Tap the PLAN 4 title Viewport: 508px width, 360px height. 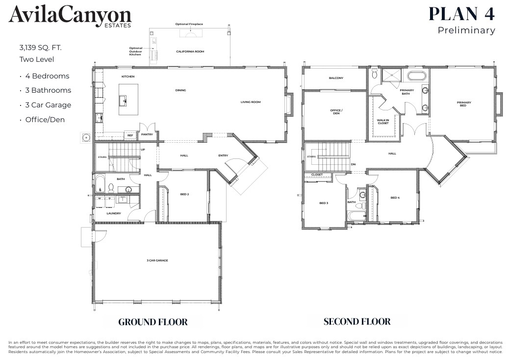(461, 13)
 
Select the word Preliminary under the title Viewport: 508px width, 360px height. (466, 30)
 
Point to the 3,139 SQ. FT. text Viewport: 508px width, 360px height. (41, 48)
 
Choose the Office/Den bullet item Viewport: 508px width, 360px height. (45, 120)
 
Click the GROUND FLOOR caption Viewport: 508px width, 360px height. (153, 322)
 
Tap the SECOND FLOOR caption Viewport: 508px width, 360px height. (357, 322)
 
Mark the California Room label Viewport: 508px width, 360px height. (190, 51)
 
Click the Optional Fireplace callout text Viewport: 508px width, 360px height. (189, 24)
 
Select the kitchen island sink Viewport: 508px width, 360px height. (124, 101)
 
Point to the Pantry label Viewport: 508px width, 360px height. (147, 134)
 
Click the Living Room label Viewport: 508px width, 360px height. (250, 102)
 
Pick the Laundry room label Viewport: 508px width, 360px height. (114, 213)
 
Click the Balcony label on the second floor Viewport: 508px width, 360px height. (336, 78)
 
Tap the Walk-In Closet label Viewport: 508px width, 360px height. (382, 121)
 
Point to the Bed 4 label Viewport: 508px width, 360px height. (395, 198)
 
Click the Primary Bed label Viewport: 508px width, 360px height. (464, 104)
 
